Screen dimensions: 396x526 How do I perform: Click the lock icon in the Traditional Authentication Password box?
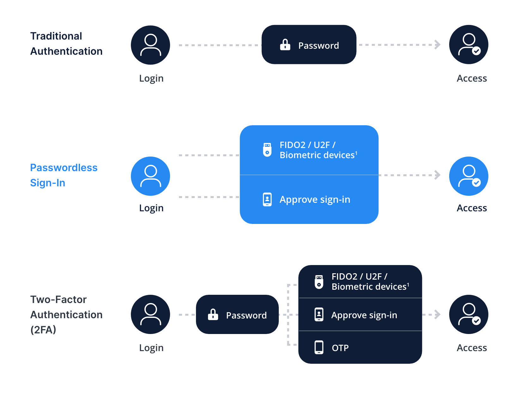pyautogui.click(x=285, y=45)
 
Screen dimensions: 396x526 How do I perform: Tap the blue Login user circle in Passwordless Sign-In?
pyautogui.click(x=150, y=176)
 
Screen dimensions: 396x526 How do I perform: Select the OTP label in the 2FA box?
pyautogui.click(x=340, y=348)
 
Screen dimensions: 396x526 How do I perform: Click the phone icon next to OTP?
pyautogui.click(x=319, y=347)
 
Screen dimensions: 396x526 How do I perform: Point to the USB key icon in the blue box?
pyautogui.click(x=267, y=150)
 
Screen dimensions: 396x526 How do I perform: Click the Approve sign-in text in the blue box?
pyautogui.click(x=315, y=200)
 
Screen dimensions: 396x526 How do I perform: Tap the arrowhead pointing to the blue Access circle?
pyautogui.click(x=437, y=175)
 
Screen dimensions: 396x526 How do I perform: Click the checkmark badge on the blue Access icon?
pyautogui.click(x=476, y=183)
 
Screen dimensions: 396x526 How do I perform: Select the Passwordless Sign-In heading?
pyautogui.click(x=64, y=175)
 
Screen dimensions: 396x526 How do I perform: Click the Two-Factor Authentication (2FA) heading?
pyautogui.click(x=66, y=314)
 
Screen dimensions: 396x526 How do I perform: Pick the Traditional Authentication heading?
pyautogui.click(x=66, y=44)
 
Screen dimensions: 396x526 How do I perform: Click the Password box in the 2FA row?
pyautogui.click(x=237, y=314)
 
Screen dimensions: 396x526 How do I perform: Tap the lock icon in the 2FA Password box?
pyautogui.click(x=213, y=315)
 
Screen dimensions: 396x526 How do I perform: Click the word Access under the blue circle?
pyautogui.click(x=472, y=208)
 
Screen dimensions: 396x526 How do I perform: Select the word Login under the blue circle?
pyautogui.click(x=151, y=208)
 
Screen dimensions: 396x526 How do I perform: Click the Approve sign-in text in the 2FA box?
pyautogui.click(x=364, y=315)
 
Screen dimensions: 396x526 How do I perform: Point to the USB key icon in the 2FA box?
pyautogui.click(x=319, y=282)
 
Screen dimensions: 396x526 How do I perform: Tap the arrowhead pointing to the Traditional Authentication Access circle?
pyautogui.click(x=437, y=45)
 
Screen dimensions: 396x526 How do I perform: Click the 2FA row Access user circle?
pyautogui.click(x=469, y=314)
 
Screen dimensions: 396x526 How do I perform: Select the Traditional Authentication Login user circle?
pyautogui.click(x=150, y=45)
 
